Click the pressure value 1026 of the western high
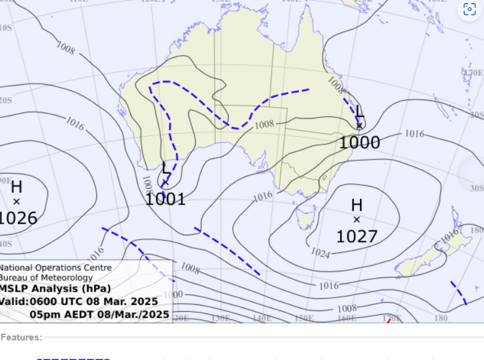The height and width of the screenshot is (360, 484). [x=18, y=218]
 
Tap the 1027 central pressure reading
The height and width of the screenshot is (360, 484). [x=357, y=237]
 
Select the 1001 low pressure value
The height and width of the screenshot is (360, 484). [x=165, y=199]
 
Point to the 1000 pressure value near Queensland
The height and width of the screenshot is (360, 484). [x=359, y=143]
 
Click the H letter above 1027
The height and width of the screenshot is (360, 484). [x=357, y=206]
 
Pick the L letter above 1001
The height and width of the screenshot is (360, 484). [x=166, y=168]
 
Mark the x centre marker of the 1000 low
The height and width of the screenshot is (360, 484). [x=359, y=126]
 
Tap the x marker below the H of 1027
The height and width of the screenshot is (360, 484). [x=357, y=219]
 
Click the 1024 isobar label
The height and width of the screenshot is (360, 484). [x=320, y=252]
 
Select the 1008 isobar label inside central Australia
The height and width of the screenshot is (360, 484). [x=264, y=125]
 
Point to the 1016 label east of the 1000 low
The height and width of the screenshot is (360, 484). [x=414, y=133]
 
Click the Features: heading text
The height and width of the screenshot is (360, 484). [x=21, y=337]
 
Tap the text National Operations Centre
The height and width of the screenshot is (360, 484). [x=56, y=268]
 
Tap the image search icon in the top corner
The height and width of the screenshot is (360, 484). [x=469, y=9]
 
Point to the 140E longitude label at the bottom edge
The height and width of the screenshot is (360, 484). [x=262, y=318]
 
